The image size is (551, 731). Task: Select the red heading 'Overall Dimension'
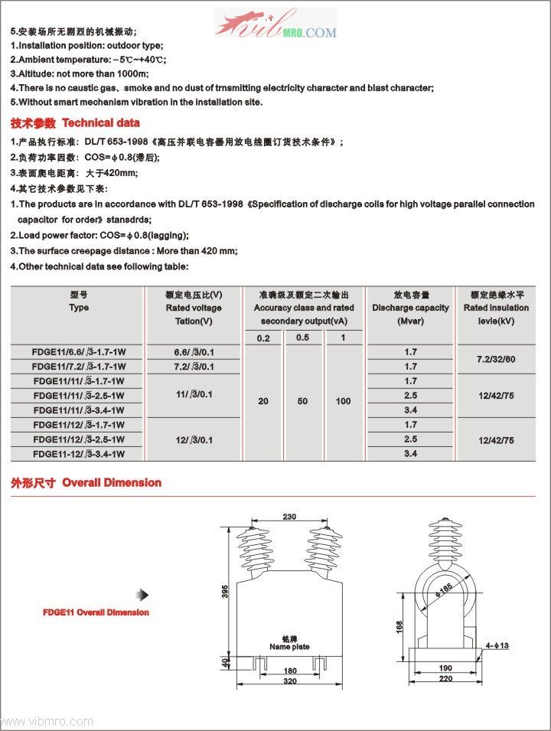coord(112,482)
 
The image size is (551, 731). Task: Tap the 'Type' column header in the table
coord(79,308)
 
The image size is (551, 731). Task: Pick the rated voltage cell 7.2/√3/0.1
coord(194,367)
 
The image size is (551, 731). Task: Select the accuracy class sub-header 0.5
coord(303,338)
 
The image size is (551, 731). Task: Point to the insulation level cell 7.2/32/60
coord(496,359)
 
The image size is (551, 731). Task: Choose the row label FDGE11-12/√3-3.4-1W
coord(79,454)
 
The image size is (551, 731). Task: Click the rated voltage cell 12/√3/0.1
coord(194,440)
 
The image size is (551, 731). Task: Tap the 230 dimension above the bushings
coord(289,516)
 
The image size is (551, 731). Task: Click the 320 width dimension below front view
coord(289,680)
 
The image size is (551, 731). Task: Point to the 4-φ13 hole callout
coord(497,646)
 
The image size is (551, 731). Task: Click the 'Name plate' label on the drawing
coord(289,647)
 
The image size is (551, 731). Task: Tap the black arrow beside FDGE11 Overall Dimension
coord(142,595)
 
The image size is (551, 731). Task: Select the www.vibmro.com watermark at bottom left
coord(47,721)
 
